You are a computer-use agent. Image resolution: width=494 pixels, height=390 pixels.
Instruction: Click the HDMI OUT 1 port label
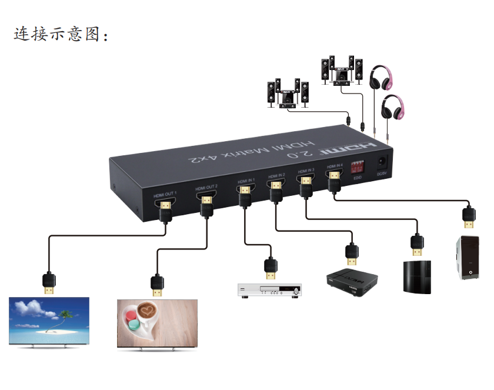(165, 195)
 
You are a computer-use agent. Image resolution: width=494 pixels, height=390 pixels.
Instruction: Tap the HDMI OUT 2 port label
(206, 188)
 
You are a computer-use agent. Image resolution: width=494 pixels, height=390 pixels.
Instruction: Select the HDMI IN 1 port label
(246, 182)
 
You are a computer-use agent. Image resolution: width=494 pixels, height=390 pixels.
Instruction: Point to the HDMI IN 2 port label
(276, 176)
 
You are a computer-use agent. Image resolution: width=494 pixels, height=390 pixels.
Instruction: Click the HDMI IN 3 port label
(306, 171)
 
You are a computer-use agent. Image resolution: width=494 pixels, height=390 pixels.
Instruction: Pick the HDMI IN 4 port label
(334, 166)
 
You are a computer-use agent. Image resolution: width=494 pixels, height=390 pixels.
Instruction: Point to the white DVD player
(269, 290)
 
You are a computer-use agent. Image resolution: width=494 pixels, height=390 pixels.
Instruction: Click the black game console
(417, 276)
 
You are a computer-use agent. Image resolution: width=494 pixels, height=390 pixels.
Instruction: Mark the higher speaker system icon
(341, 71)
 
